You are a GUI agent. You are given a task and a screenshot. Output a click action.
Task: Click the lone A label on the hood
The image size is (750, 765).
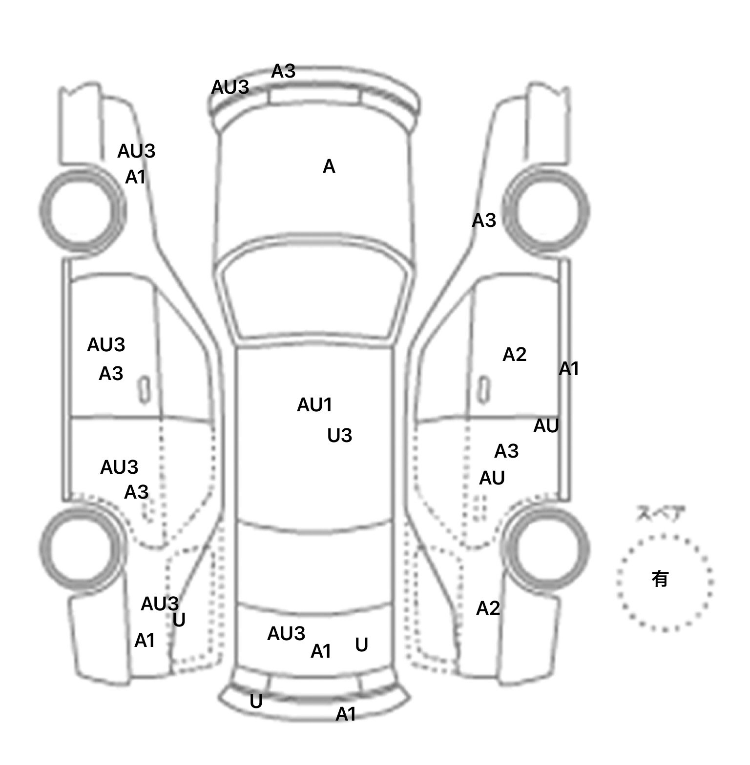click(329, 167)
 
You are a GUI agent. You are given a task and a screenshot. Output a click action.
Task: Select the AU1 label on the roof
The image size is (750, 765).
click(314, 404)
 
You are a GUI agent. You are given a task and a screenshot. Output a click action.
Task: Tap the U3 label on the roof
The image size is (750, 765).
click(339, 435)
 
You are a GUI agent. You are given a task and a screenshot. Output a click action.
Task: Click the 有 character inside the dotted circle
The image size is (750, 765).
click(660, 579)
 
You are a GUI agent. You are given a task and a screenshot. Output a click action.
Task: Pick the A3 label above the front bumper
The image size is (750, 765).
click(283, 71)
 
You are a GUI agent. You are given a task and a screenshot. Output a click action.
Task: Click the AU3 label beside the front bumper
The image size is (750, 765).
click(230, 87)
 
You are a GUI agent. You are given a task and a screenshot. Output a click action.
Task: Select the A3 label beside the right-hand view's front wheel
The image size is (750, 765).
click(483, 221)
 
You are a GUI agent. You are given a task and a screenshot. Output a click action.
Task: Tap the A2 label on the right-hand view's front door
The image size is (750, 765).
click(514, 355)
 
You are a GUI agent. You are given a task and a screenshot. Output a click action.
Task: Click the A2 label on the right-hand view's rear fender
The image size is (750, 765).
click(488, 608)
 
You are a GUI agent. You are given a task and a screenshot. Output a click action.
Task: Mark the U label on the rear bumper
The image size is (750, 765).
click(256, 702)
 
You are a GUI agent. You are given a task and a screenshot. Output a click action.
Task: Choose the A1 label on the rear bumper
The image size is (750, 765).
click(346, 714)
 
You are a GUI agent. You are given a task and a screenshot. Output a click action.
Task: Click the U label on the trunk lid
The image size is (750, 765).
click(361, 645)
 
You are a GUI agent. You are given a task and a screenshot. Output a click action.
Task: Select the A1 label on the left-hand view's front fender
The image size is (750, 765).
click(135, 177)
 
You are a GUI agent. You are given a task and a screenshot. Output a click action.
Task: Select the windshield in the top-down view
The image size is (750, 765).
click(314, 293)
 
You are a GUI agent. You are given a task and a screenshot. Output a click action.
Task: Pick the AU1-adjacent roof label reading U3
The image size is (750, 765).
click(339, 435)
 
